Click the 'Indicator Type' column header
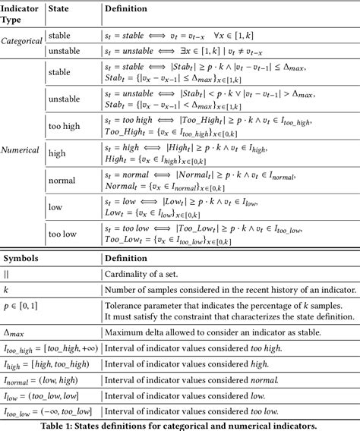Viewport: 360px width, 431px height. [x=21, y=13]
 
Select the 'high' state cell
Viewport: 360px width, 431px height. [x=57, y=153]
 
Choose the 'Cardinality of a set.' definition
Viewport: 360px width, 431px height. [x=150, y=275]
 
